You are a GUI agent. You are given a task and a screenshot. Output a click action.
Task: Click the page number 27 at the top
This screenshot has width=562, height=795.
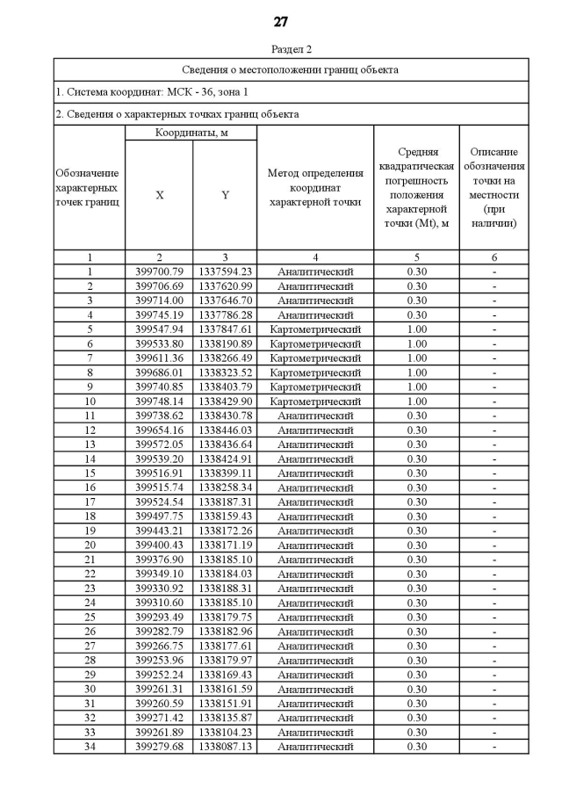click(x=280, y=22)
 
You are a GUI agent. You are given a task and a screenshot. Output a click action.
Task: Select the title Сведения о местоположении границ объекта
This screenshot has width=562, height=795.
click(x=291, y=69)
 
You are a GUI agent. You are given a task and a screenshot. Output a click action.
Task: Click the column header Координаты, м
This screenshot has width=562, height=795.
click(x=191, y=133)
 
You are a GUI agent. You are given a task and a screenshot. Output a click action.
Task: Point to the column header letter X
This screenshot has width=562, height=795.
click(x=159, y=195)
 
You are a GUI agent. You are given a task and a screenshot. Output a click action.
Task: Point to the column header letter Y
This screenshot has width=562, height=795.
click(x=225, y=195)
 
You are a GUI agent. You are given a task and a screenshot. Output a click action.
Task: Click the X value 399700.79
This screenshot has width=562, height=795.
click(x=159, y=271)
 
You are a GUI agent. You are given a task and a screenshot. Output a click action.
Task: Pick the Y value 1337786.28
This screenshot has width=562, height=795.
click(x=225, y=314)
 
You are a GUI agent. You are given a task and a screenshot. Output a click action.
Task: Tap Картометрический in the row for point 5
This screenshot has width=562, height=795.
click(x=315, y=329)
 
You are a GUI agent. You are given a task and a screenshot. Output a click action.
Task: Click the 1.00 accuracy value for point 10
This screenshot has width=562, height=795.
click(x=417, y=401)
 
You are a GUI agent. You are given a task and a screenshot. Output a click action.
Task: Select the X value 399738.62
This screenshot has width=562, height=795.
click(x=159, y=416)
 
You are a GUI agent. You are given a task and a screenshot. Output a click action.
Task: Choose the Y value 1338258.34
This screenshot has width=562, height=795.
click(x=225, y=488)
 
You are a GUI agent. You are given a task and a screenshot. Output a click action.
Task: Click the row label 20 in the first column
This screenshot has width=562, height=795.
click(x=90, y=546)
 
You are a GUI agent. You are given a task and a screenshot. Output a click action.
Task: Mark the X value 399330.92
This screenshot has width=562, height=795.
click(x=159, y=589)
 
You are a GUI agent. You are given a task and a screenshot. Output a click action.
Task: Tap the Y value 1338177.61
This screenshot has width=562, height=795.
click(x=225, y=646)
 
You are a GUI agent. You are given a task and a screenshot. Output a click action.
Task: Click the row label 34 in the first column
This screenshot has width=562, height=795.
click(x=90, y=747)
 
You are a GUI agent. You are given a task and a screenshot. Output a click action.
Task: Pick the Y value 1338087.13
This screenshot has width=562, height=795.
click(x=225, y=747)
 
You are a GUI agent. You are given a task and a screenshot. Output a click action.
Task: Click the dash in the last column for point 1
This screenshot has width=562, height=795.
click(x=494, y=271)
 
